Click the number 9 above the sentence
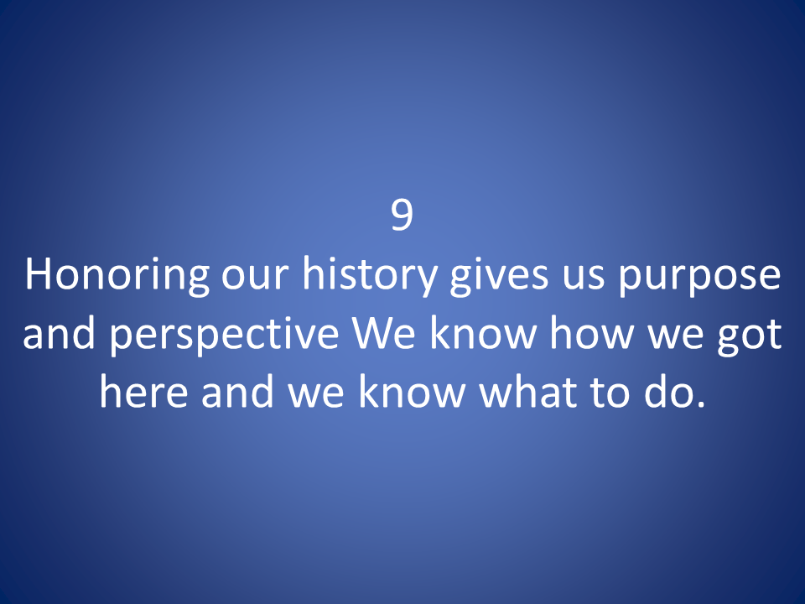click(x=402, y=216)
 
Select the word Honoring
click(x=117, y=276)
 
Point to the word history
click(x=369, y=276)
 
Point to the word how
click(x=591, y=332)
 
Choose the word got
click(x=750, y=337)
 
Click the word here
click(x=143, y=391)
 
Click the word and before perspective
click(x=60, y=332)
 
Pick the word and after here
click(x=237, y=391)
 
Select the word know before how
click(x=483, y=332)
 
